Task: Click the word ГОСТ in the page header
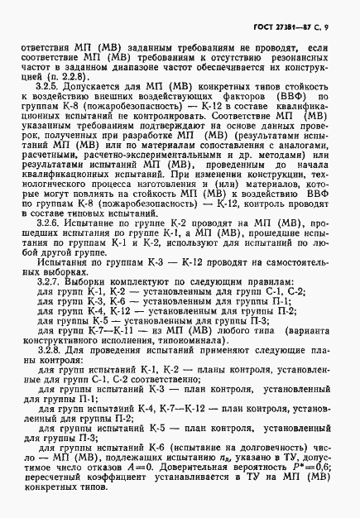[x=259, y=28]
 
